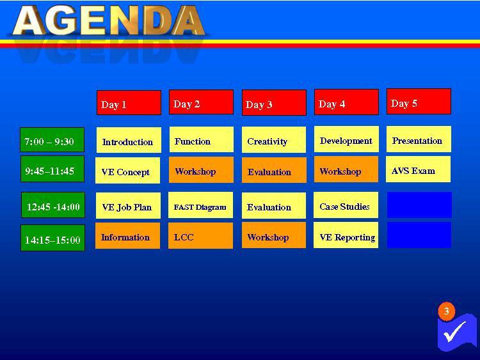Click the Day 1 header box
point(129,103)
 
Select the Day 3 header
point(274,102)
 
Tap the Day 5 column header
point(419,102)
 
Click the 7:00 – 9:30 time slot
point(52,140)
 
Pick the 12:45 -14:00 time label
point(53,205)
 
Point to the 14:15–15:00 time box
point(52,238)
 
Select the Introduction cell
point(129,140)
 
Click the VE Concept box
point(127,170)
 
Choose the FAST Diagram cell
point(200,205)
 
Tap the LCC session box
point(200,235)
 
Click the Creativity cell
point(274,140)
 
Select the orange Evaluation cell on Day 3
point(274,170)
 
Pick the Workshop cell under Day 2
point(201,170)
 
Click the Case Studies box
point(346,205)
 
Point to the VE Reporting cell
point(346,235)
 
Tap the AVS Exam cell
point(418,169)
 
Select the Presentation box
point(419,139)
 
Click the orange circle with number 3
point(447,311)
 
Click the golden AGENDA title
point(109,21)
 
